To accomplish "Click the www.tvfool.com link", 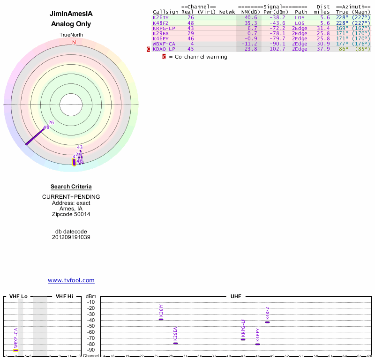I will (71, 280).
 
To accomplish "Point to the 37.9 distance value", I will (323, 49).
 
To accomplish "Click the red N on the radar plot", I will (74, 42).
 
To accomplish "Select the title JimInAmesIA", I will (71, 14).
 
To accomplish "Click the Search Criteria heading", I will (71, 187).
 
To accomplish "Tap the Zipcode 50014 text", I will (71, 214).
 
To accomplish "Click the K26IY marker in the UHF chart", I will (161, 319).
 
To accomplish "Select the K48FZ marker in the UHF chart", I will (267, 322).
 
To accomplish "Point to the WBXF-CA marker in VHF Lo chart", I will (15, 350).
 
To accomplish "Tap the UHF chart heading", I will (236, 297).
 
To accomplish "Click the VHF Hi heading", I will (64, 297).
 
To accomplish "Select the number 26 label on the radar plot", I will (51, 123).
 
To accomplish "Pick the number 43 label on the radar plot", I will (80, 147).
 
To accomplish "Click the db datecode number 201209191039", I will (71, 237).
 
